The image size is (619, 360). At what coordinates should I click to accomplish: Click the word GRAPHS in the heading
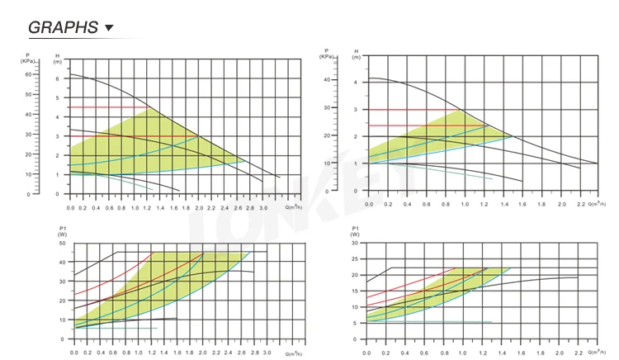point(64,27)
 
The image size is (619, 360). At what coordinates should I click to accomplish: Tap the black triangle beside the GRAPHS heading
point(109,28)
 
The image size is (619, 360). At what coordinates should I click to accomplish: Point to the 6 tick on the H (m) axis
point(58,78)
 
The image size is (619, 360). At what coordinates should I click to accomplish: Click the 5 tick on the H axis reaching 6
point(58,97)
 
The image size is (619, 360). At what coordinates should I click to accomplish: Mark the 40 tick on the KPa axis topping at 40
point(327,80)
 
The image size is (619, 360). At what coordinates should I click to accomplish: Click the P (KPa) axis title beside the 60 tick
point(27,59)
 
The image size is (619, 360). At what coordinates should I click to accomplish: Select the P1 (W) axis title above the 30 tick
point(356,231)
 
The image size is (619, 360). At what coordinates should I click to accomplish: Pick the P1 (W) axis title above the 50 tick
point(62,231)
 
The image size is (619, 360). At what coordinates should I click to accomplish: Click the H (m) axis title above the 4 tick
point(356,56)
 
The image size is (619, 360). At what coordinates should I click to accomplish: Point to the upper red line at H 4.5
point(107,107)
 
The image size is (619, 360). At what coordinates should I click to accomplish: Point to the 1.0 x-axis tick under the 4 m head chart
point(465,203)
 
